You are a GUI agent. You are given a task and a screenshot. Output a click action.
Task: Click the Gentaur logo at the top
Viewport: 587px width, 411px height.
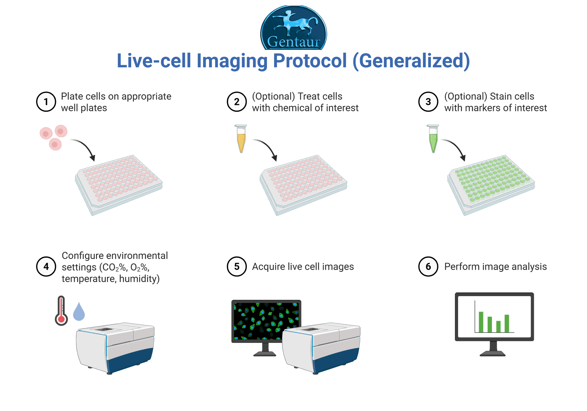click(x=293, y=28)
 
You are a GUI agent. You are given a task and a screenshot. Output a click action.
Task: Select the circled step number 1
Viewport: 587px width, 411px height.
click(x=46, y=102)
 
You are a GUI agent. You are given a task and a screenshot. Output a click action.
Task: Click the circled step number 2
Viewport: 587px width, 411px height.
click(x=237, y=102)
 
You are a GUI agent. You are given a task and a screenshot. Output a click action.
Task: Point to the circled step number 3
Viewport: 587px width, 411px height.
click(x=428, y=102)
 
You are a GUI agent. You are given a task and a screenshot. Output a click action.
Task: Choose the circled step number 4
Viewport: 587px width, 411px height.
click(x=46, y=266)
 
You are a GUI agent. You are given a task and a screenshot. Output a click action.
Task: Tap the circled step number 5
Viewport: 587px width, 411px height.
click(x=237, y=266)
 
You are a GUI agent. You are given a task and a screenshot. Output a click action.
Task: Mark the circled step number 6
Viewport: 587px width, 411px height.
click(x=428, y=266)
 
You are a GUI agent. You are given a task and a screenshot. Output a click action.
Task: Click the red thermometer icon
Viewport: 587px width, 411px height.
click(x=61, y=310)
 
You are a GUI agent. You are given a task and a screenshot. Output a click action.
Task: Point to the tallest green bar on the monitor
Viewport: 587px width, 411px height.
click(x=481, y=322)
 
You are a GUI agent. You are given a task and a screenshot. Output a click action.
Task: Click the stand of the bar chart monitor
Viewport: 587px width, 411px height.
click(x=493, y=349)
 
